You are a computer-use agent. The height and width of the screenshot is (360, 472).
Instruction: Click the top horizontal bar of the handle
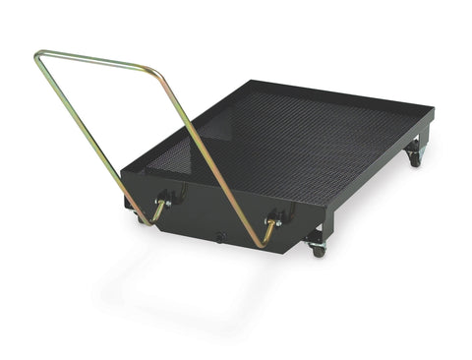click(93, 60)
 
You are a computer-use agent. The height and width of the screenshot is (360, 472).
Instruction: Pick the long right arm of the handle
click(211, 158)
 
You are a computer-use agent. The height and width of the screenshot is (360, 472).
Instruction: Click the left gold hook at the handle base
click(157, 210)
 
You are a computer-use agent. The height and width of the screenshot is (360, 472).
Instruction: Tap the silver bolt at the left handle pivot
click(168, 202)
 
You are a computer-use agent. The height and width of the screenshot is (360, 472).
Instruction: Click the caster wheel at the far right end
click(415, 157)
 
